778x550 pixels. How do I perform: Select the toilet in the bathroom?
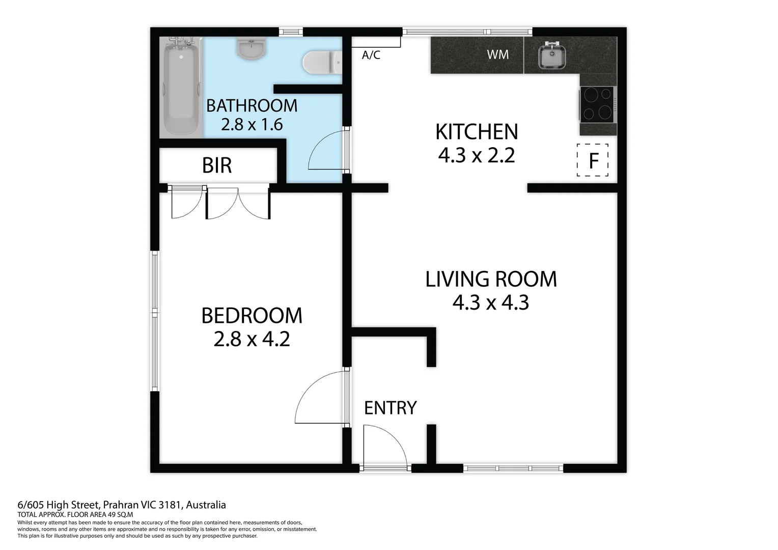click(x=322, y=63)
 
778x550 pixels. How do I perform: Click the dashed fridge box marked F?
click(x=592, y=160)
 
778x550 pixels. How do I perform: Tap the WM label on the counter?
click(x=497, y=54)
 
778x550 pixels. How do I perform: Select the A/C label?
click(x=371, y=55)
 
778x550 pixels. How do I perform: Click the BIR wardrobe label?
click(x=217, y=166)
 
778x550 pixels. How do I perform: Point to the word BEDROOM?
click(x=252, y=316)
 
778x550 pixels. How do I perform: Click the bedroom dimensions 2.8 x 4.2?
click(x=252, y=339)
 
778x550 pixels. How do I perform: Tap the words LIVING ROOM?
click(x=491, y=279)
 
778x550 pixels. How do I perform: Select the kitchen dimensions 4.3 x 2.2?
click(x=477, y=155)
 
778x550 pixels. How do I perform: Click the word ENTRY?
click(x=391, y=408)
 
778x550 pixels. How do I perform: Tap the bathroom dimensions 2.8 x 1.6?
click(x=252, y=124)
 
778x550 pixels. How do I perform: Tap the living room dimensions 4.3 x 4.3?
click(x=491, y=302)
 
